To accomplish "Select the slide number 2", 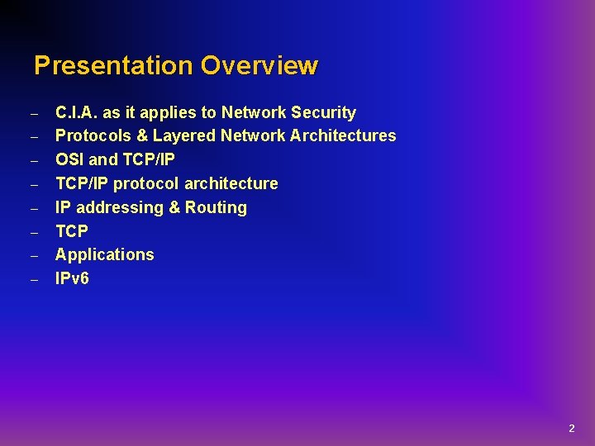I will [571, 429].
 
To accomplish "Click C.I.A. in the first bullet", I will [75, 112].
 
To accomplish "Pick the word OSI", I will [69, 159].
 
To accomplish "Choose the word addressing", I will [120, 207].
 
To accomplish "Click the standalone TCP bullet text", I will [71, 231].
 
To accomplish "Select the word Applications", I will [104, 254].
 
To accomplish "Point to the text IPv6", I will [72, 278].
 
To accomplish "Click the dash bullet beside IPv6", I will [35, 279].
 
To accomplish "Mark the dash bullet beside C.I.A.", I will [35, 113].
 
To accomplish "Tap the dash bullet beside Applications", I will [35, 255].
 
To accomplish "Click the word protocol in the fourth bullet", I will [145, 183].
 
